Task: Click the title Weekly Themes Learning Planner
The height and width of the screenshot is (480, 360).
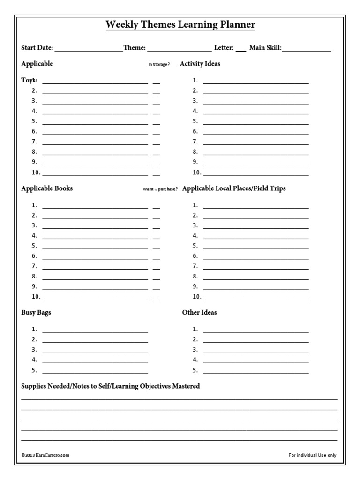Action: [x=180, y=25]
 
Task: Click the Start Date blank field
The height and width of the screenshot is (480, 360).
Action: [x=89, y=49]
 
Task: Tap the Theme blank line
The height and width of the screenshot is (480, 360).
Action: [x=179, y=49]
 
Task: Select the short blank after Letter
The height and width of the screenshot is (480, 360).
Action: [x=240, y=49]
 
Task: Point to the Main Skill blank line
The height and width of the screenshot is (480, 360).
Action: [x=307, y=49]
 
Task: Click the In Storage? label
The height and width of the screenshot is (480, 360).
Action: [x=159, y=65]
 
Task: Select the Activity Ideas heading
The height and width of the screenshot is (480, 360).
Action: [x=200, y=64]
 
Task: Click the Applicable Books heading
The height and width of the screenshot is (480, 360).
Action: [x=47, y=188]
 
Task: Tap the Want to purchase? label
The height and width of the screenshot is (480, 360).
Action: [x=160, y=189]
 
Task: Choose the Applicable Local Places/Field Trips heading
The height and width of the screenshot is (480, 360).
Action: [x=234, y=188]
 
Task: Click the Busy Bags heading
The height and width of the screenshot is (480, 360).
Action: [x=36, y=313]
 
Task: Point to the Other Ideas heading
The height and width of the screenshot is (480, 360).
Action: [x=199, y=313]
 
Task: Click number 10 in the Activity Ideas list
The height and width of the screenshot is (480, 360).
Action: [x=196, y=172]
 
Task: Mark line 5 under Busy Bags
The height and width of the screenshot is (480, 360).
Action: [x=95, y=371]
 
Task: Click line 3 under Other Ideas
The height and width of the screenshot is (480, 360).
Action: [x=256, y=351]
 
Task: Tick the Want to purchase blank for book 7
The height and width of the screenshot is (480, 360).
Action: [x=157, y=267]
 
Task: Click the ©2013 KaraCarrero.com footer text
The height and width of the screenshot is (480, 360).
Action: [x=45, y=455]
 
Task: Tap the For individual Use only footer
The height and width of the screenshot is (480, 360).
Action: [x=312, y=455]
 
